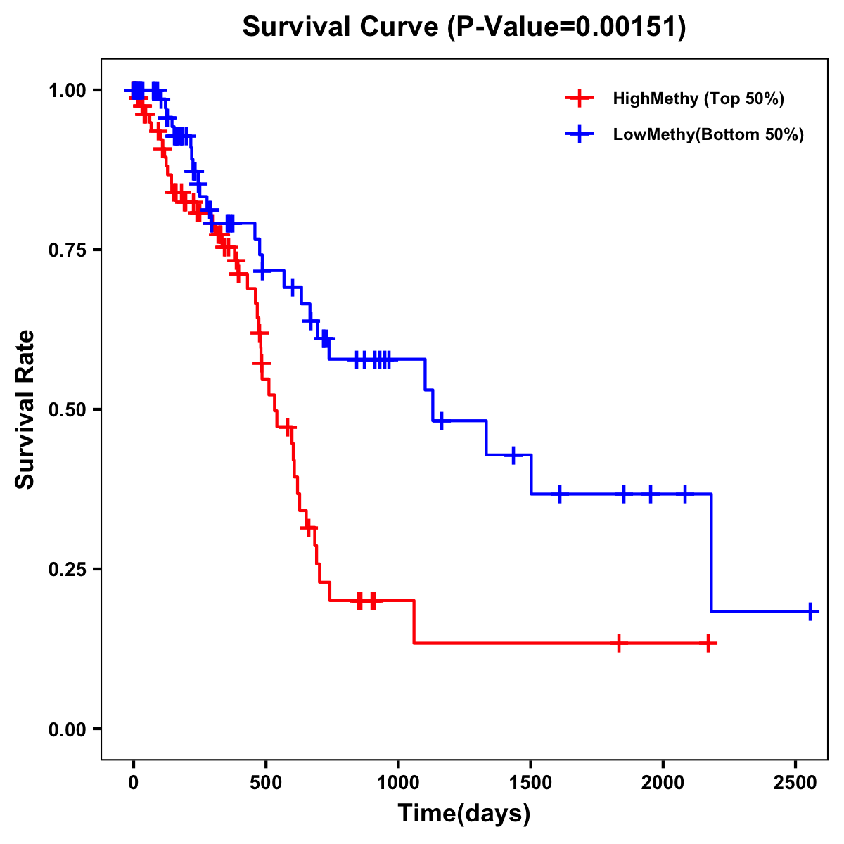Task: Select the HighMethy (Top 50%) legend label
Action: coord(698,98)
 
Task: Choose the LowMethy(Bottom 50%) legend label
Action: coord(708,135)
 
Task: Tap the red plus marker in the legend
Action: coord(579,98)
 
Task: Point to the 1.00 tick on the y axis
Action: coord(67,90)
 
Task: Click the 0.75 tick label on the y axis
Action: coord(67,250)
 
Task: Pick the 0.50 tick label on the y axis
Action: coord(67,409)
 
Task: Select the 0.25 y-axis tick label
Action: coord(67,569)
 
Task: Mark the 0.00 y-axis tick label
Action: coord(67,729)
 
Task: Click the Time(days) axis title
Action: coord(464,814)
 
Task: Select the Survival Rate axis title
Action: coord(25,409)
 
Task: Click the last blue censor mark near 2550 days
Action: coord(810,611)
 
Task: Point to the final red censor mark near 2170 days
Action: coord(708,643)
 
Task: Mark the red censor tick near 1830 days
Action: coord(619,643)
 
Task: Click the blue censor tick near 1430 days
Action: coord(513,455)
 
